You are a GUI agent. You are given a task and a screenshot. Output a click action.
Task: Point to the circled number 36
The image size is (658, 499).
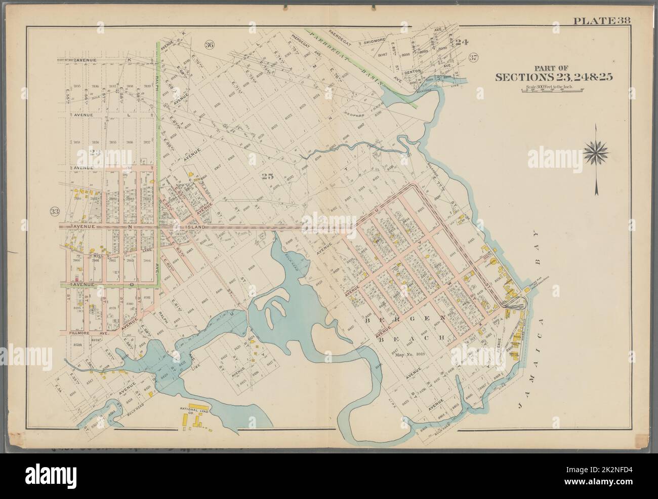(x=209, y=45)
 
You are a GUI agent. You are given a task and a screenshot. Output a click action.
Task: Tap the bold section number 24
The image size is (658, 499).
(x=461, y=42)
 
